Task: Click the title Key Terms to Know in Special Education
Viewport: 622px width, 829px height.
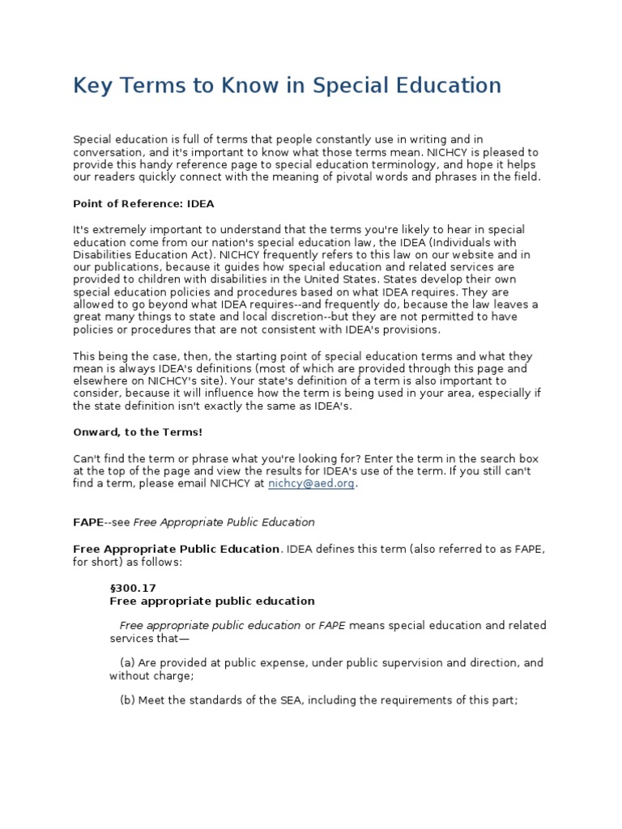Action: (287, 85)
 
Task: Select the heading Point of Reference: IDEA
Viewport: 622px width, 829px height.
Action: (143, 203)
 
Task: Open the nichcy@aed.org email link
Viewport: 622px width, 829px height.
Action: (312, 483)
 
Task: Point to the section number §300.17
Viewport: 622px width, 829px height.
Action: (131, 588)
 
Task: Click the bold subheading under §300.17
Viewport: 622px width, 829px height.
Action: (211, 601)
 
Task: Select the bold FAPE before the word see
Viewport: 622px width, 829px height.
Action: (89, 522)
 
